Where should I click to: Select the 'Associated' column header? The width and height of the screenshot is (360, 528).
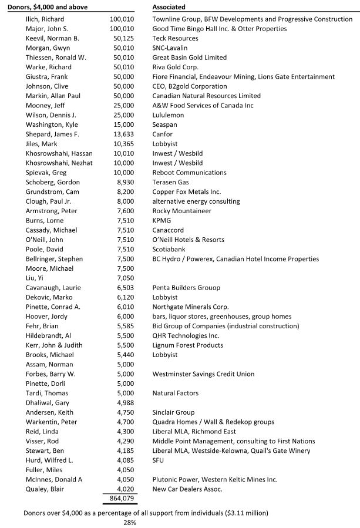coord(169,7)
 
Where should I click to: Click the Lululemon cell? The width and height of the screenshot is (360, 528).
coord(168,115)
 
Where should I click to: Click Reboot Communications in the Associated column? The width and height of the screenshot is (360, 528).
coord(185,173)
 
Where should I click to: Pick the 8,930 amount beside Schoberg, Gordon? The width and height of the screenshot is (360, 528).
coord(125,182)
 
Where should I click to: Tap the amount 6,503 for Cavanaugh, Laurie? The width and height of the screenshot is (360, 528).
coord(125,288)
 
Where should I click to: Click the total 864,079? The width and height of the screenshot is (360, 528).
coord(122,499)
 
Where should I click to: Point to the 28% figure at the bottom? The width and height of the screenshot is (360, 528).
coord(129,522)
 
